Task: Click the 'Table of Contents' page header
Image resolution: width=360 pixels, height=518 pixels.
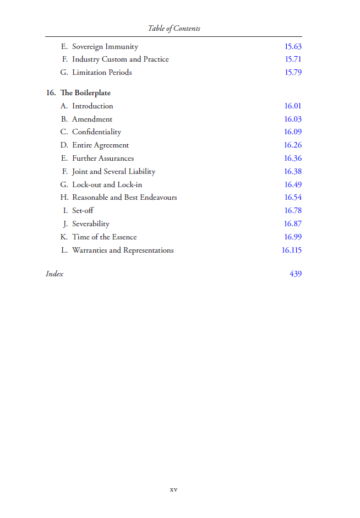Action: [x=174, y=28]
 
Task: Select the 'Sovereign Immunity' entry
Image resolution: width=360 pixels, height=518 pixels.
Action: [x=105, y=47]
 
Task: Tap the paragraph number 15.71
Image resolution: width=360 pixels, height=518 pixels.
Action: [x=293, y=59]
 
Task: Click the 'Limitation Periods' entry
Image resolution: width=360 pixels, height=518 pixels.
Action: [x=102, y=73]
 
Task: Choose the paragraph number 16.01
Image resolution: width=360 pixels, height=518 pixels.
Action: [x=293, y=106]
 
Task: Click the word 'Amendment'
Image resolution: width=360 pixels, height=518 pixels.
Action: [x=92, y=119]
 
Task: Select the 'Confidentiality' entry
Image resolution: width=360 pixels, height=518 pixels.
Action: [x=96, y=132]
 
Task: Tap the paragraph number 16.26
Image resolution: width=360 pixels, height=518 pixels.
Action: [x=293, y=145]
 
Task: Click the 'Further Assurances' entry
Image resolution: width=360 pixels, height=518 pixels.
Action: [x=103, y=159]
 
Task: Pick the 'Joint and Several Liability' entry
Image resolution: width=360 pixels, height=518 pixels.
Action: [x=113, y=172]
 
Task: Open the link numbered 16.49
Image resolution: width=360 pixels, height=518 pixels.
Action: [x=293, y=185]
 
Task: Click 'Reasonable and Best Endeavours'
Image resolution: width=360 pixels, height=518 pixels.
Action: [x=124, y=198]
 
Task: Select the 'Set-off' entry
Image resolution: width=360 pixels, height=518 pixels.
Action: [x=83, y=211]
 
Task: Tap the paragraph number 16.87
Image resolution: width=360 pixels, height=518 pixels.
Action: [x=293, y=224]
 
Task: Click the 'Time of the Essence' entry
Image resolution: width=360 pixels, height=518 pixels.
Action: [x=104, y=237]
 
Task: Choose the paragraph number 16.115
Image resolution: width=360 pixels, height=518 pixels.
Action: [x=292, y=250]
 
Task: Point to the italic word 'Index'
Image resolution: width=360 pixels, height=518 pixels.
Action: [x=54, y=274]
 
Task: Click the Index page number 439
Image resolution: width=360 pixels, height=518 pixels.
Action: [x=296, y=274]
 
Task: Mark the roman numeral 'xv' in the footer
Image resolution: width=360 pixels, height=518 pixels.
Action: [x=174, y=489]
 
